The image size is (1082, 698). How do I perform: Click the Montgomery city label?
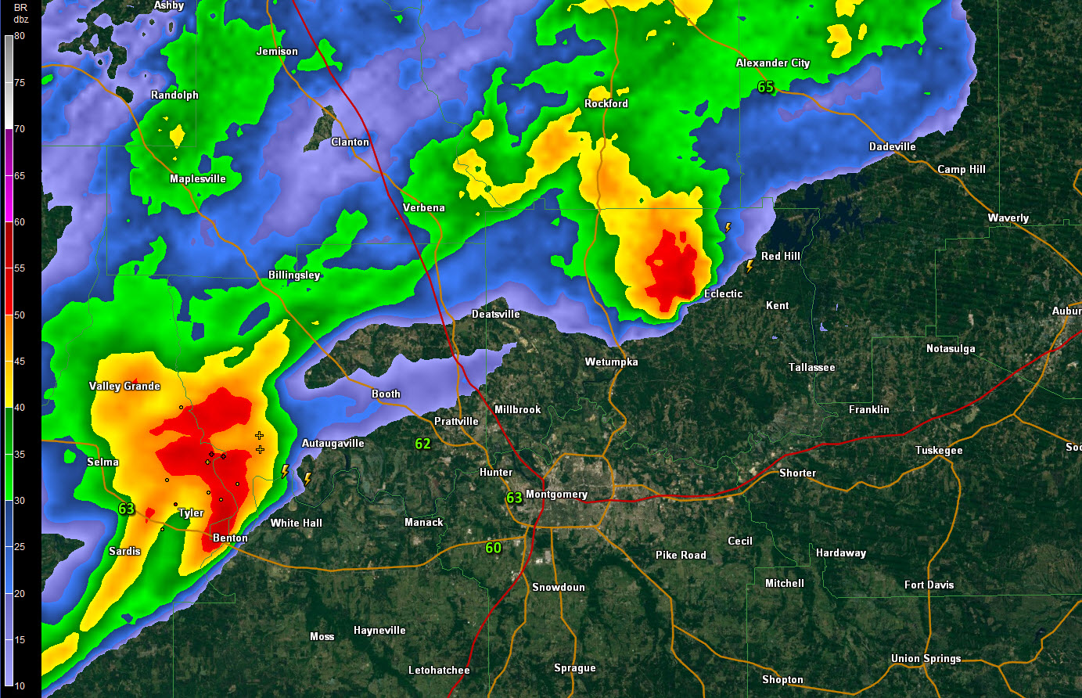[556, 495]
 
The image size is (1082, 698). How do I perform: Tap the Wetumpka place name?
[612, 362]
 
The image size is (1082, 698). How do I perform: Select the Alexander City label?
[773, 63]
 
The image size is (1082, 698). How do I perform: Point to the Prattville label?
[456, 421]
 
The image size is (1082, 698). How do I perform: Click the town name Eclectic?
[724, 294]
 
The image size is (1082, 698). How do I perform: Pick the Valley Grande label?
[124, 387]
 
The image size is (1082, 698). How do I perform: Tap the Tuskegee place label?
[939, 451]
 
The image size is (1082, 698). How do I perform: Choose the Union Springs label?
[926, 659]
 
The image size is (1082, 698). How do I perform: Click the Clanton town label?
[350, 142]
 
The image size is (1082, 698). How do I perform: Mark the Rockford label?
[606, 104]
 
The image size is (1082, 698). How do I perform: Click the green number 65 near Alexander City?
[766, 88]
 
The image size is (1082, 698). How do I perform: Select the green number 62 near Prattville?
[423, 444]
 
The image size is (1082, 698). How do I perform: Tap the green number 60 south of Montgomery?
[493, 548]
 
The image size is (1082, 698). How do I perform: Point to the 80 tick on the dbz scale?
[20, 36]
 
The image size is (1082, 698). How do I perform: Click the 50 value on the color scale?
[20, 315]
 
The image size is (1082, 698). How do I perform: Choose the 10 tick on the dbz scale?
[20, 686]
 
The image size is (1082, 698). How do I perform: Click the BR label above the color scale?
[20, 8]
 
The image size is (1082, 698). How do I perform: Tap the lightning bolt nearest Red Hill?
[749, 266]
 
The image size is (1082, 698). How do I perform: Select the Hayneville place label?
[379, 631]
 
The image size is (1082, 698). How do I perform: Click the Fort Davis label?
[929, 585]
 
